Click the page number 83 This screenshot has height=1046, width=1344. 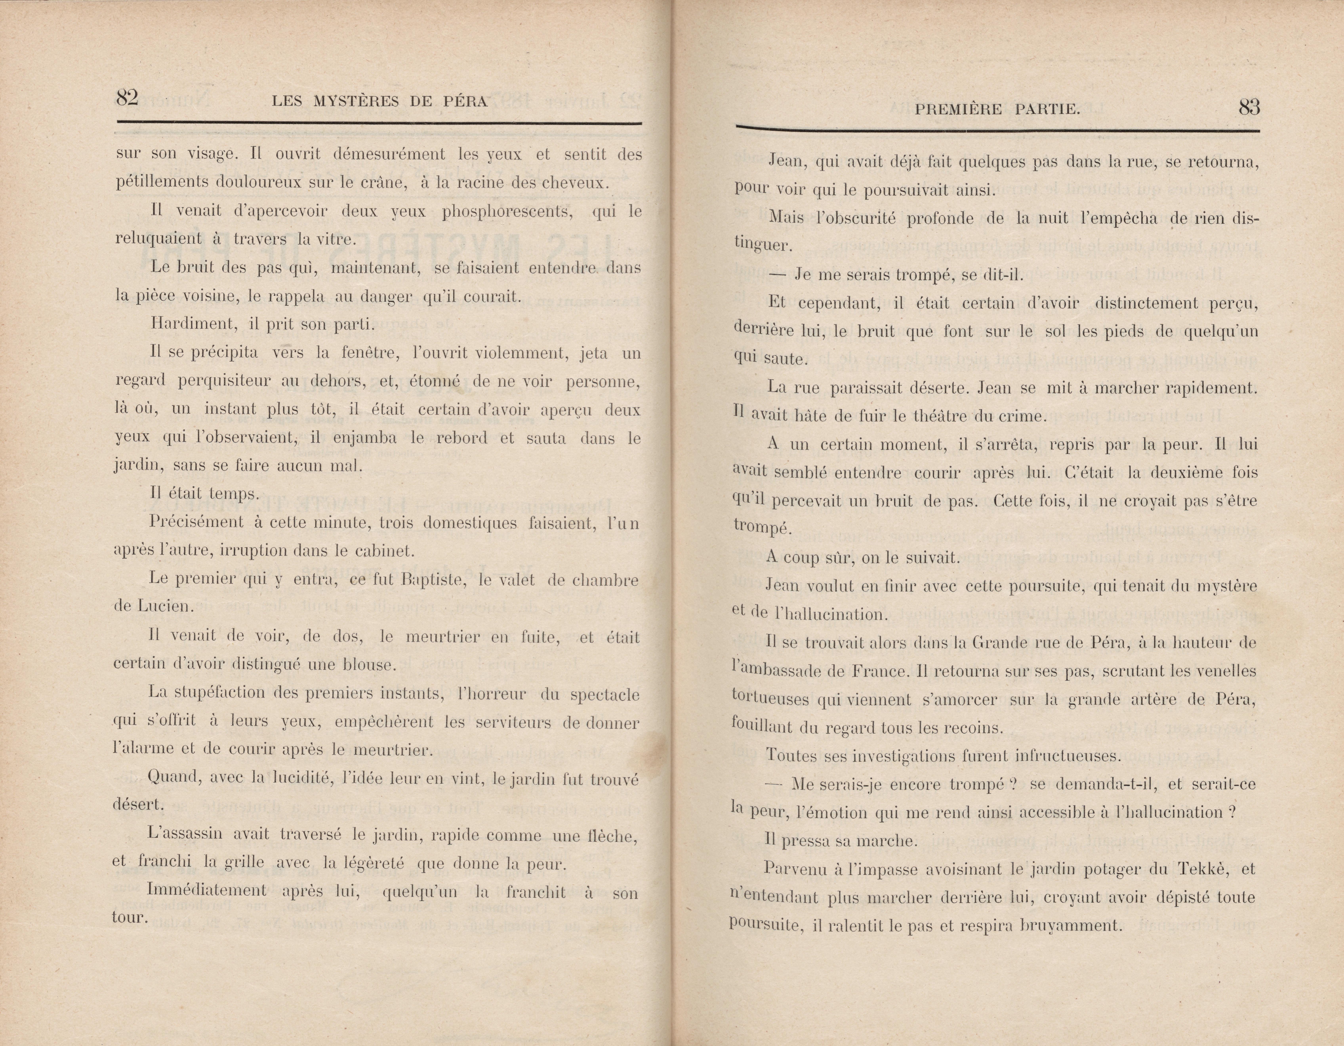coord(1249,108)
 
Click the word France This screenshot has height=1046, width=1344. coord(879,671)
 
